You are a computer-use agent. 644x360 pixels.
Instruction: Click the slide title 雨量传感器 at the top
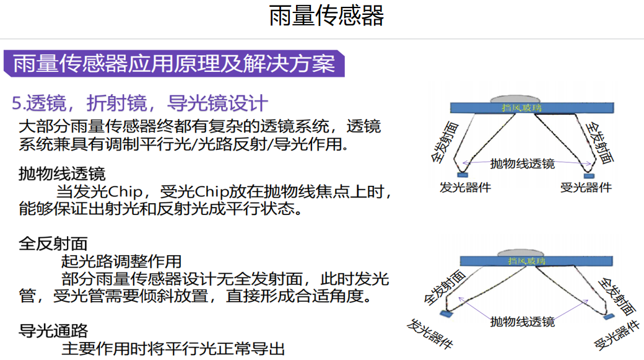326,15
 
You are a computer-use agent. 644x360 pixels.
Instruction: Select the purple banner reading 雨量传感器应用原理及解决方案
174,64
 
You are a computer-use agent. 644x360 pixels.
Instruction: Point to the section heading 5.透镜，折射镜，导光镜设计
140,103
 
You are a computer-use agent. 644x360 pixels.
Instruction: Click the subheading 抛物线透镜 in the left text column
62,174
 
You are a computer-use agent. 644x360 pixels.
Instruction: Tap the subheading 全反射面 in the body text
53,244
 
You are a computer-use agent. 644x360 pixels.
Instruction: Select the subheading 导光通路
53,331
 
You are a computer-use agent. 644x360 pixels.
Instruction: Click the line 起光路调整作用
121,261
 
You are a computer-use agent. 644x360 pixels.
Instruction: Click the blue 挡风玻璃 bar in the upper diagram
532,108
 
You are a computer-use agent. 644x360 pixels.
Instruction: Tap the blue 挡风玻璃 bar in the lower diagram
536,261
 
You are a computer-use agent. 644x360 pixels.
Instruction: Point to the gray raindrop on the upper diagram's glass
515,99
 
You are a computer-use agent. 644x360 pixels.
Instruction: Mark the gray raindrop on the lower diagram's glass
520,252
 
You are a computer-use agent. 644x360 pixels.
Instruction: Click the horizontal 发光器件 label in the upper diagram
465,187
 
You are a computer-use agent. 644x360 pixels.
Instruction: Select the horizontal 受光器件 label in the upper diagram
586,187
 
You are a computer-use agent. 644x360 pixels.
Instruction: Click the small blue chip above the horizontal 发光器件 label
463,175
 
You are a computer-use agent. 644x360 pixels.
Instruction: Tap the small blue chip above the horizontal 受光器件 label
589,176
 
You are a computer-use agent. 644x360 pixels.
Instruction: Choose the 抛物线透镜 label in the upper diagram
523,164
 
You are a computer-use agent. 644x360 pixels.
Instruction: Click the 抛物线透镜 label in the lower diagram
523,322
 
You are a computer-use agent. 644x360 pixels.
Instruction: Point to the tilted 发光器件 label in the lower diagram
430,334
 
